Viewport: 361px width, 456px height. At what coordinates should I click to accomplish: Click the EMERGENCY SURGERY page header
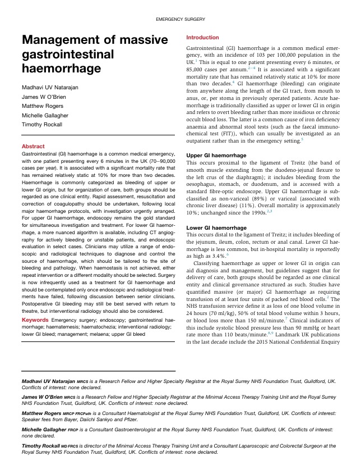(180, 20)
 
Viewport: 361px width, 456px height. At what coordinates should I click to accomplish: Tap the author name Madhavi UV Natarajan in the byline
(55, 87)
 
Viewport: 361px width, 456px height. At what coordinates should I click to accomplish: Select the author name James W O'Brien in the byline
(48, 97)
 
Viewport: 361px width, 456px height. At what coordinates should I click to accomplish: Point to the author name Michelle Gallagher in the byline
(48, 118)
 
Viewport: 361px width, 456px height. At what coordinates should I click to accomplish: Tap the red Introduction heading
(202, 38)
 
